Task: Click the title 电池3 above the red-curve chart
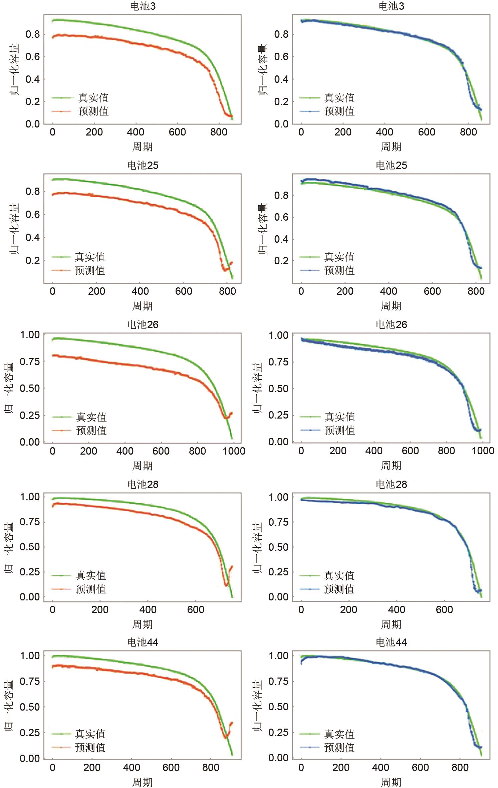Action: click(x=143, y=6)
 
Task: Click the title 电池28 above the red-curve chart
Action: click(x=143, y=484)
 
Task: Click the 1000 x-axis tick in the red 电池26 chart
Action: click(x=234, y=451)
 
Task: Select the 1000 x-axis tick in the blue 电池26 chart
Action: click(x=482, y=451)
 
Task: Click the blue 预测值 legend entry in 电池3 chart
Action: click(x=339, y=111)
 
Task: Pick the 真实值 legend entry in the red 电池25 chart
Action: click(x=90, y=257)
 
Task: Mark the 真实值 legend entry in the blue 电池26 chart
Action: click(x=339, y=417)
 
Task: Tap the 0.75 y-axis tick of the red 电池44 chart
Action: click(x=30, y=682)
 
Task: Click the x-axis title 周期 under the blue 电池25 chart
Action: click(x=391, y=306)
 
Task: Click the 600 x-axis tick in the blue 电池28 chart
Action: click(x=444, y=610)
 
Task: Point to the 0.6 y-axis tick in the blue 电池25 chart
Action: click(x=281, y=217)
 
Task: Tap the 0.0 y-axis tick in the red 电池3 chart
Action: click(x=32, y=124)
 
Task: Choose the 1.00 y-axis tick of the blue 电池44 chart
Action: click(x=279, y=655)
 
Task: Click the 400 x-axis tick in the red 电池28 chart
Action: click(x=148, y=610)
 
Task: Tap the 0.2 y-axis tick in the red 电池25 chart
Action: click(x=32, y=260)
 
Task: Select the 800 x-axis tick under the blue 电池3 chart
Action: click(x=468, y=132)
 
